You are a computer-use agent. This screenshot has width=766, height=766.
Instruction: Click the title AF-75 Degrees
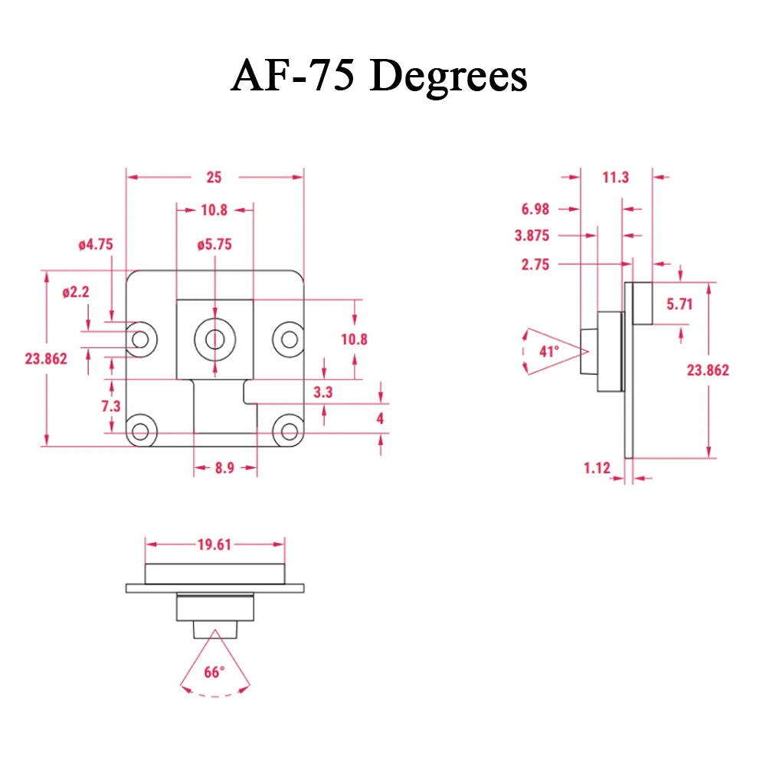(x=379, y=76)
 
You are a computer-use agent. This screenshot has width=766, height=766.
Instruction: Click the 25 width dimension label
(x=214, y=177)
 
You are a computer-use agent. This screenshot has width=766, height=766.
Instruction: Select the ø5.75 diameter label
(x=214, y=244)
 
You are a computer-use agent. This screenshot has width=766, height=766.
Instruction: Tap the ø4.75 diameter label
(x=96, y=244)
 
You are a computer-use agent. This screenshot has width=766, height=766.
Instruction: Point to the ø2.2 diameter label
(x=76, y=292)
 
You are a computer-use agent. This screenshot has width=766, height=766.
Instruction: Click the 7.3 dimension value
(x=111, y=406)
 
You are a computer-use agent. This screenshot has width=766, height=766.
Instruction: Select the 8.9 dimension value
(x=224, y=468)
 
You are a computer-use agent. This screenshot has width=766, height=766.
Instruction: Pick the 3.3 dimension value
(x=323, y=391)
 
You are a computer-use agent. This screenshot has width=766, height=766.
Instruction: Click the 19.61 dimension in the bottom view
(x=214, y=544)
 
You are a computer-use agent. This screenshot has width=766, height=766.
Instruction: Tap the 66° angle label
(x=214, y=673)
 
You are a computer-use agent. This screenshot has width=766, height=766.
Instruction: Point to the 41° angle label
(x=549, y=352)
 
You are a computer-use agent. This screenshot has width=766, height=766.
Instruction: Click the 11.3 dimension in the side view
(x=616, y=177)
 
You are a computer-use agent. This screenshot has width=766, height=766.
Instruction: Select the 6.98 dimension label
(x=535, y=209)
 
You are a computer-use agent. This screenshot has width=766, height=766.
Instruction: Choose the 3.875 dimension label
(x=532, y=235)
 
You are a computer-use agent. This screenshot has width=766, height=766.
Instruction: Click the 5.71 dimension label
(x=679, y=304)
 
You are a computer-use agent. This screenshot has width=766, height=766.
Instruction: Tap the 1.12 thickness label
(x=597, y=468)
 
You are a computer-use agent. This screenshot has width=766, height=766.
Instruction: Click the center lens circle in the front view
(x=215, y=339)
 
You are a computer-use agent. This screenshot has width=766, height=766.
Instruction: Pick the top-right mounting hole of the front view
(x=290, y=339)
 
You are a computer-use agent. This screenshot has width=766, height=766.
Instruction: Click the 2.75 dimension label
(x=535, y=264)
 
